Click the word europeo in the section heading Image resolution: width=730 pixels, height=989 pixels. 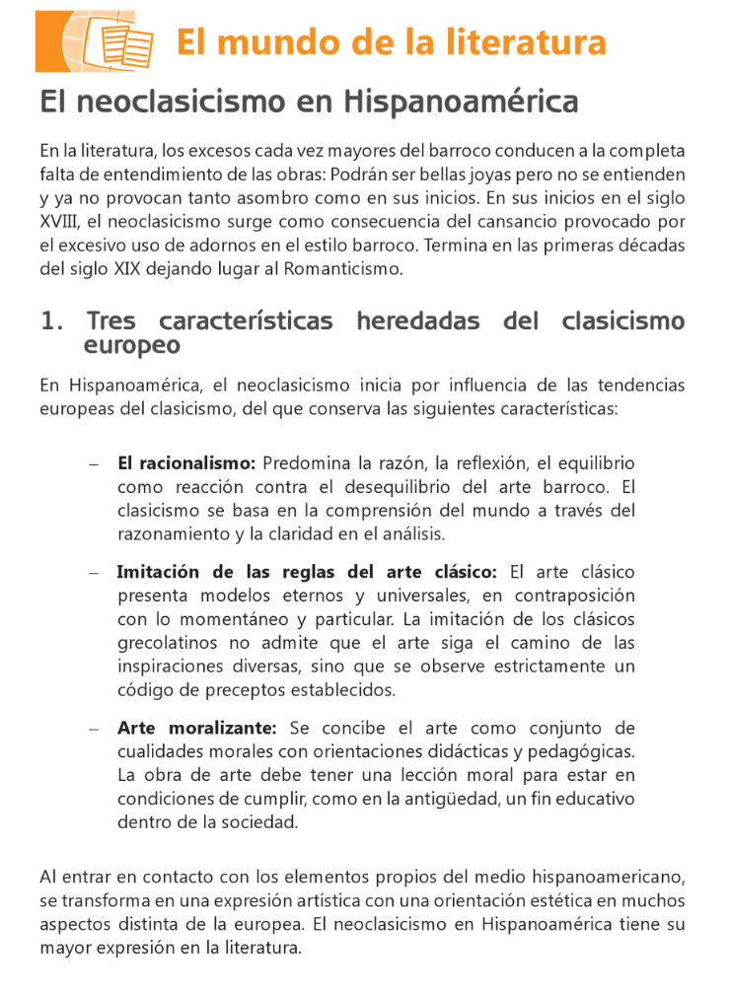(x=132, y=346)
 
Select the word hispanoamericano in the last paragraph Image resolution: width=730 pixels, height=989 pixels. (x=618, y=877)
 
